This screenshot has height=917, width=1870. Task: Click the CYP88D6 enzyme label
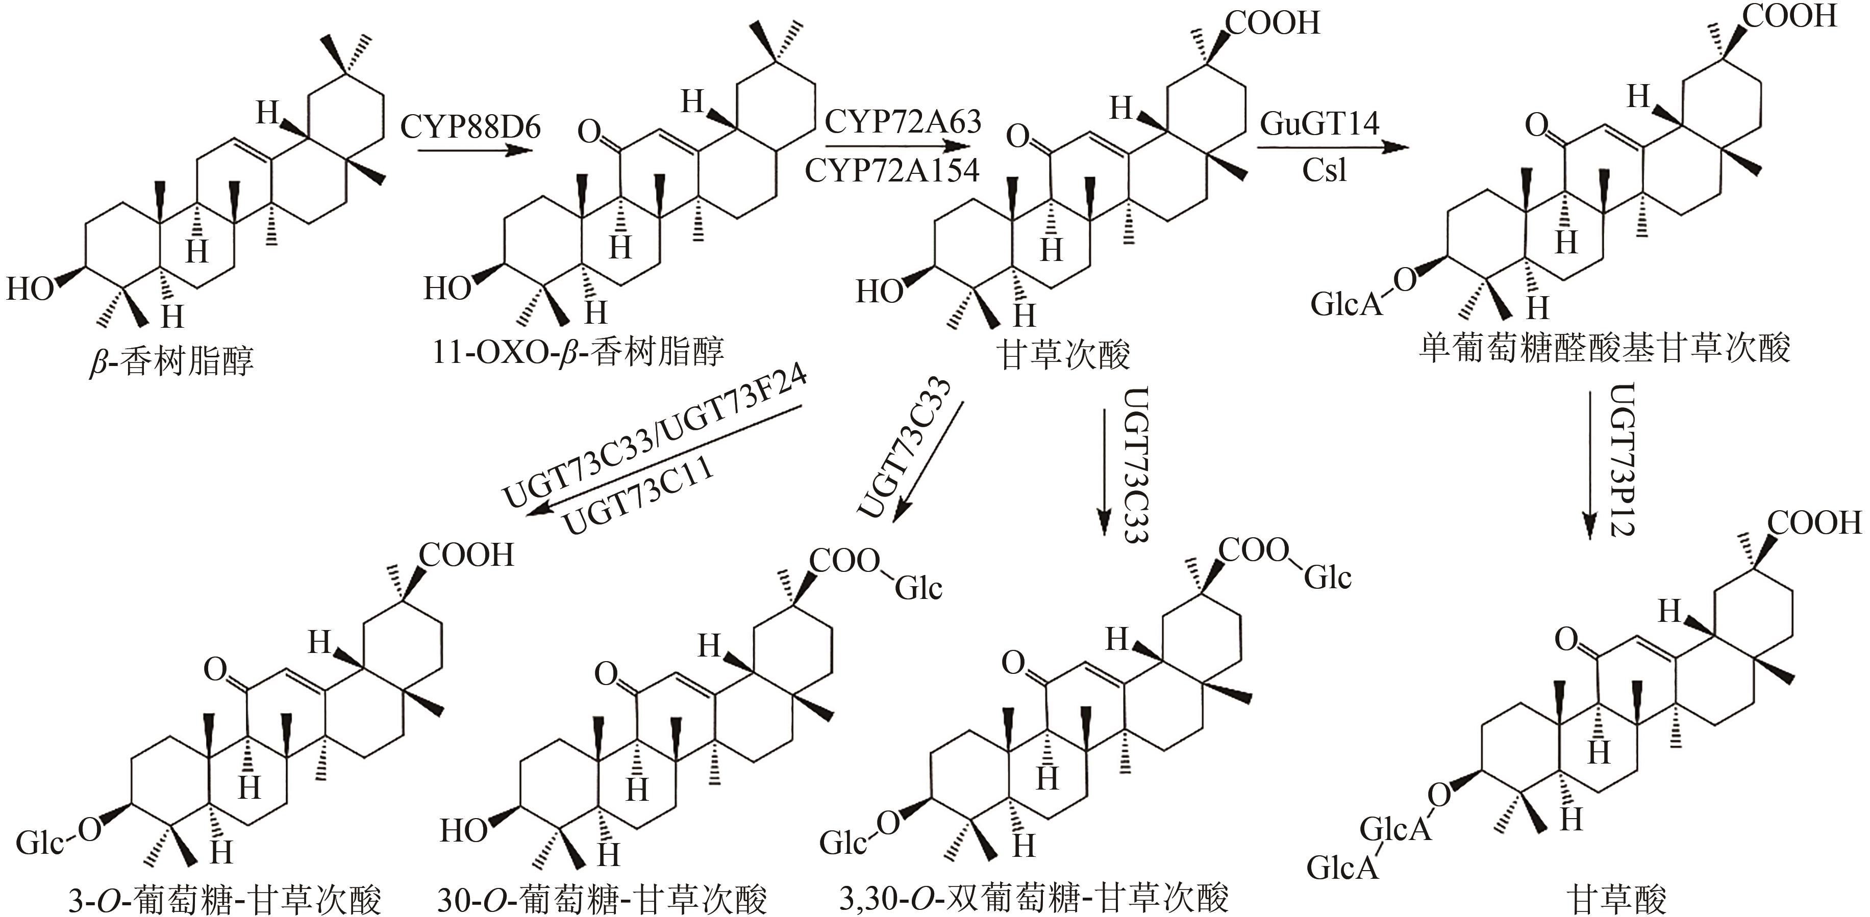pyautogui.click(x=470, y=127)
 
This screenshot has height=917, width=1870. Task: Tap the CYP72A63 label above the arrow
pyautogui.click(x=902, y=122)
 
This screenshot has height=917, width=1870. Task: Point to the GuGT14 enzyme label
pyautogui.click(x=1319, y=123)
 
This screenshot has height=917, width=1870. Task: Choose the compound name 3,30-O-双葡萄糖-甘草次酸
pyautogui.click(x=1034, y=898)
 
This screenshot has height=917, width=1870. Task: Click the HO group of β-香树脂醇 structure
pyautogui.click(x=31, y=289)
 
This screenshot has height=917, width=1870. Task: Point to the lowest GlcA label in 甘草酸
pyautogui.click(x=1342, y=867)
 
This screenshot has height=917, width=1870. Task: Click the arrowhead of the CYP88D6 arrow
pyautogui.click(x=519, y=151)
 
